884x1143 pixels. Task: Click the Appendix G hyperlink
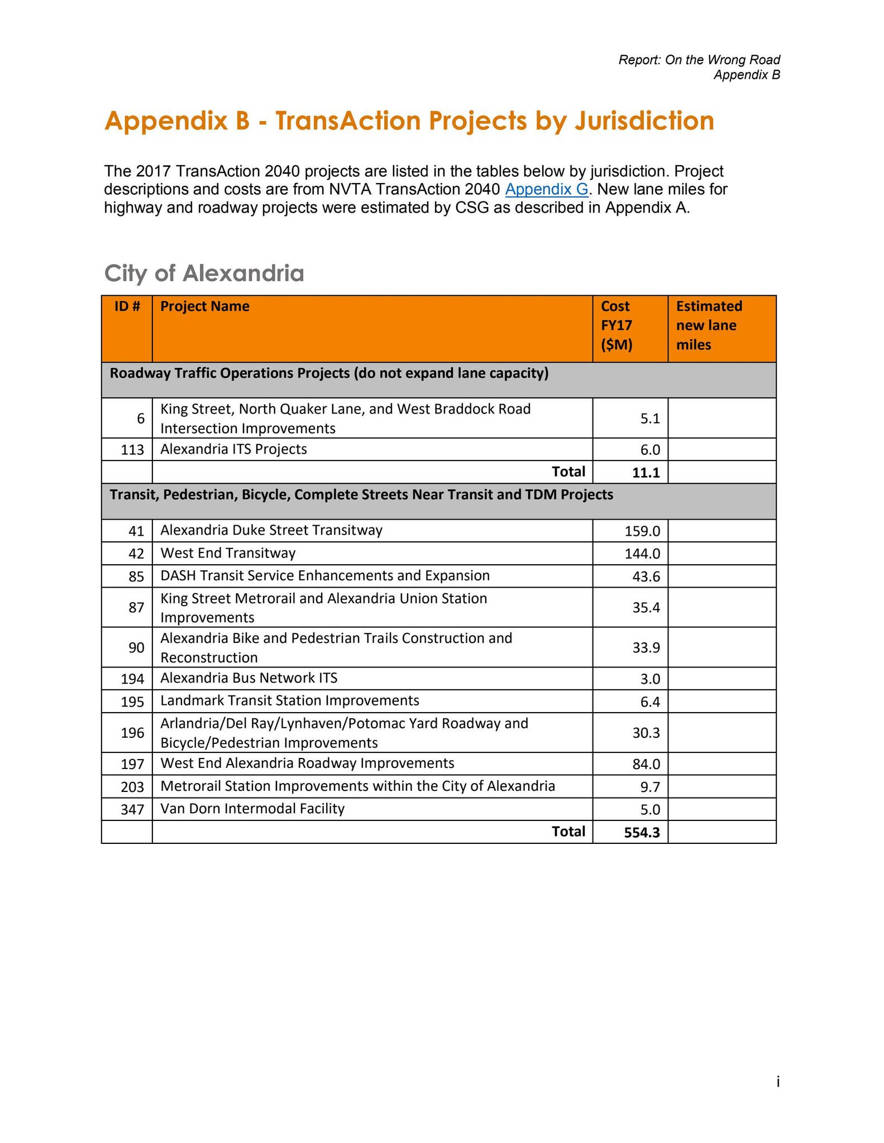click(x=547, y=189)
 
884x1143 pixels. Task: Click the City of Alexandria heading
click(x=204, y=273)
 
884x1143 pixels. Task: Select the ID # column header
click(x=127, y=306)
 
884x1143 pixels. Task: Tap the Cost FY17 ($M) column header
click(x=617, y=325)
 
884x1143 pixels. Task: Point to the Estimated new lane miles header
click(x=709, y=325)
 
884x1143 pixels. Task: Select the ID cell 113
click(x=132, y=450)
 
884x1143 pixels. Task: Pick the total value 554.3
click(x=642, y=833)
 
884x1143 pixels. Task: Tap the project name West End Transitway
click(x=228, y=553)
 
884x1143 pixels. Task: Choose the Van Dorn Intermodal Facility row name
click(x=252, y=809)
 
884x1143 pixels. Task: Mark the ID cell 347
click(x=132, y=810)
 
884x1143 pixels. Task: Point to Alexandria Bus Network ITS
click(x=249, y=678)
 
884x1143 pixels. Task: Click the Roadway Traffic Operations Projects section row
click(x=329, y=373)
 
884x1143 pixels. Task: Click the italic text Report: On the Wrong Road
click(x=699, y=60)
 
